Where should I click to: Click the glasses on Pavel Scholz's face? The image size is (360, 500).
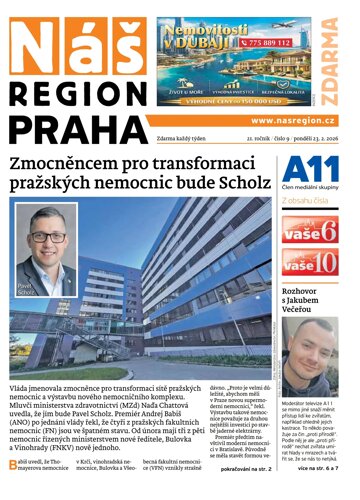coord(46,240)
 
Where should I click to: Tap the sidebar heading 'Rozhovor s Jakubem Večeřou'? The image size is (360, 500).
coord(312,311)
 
